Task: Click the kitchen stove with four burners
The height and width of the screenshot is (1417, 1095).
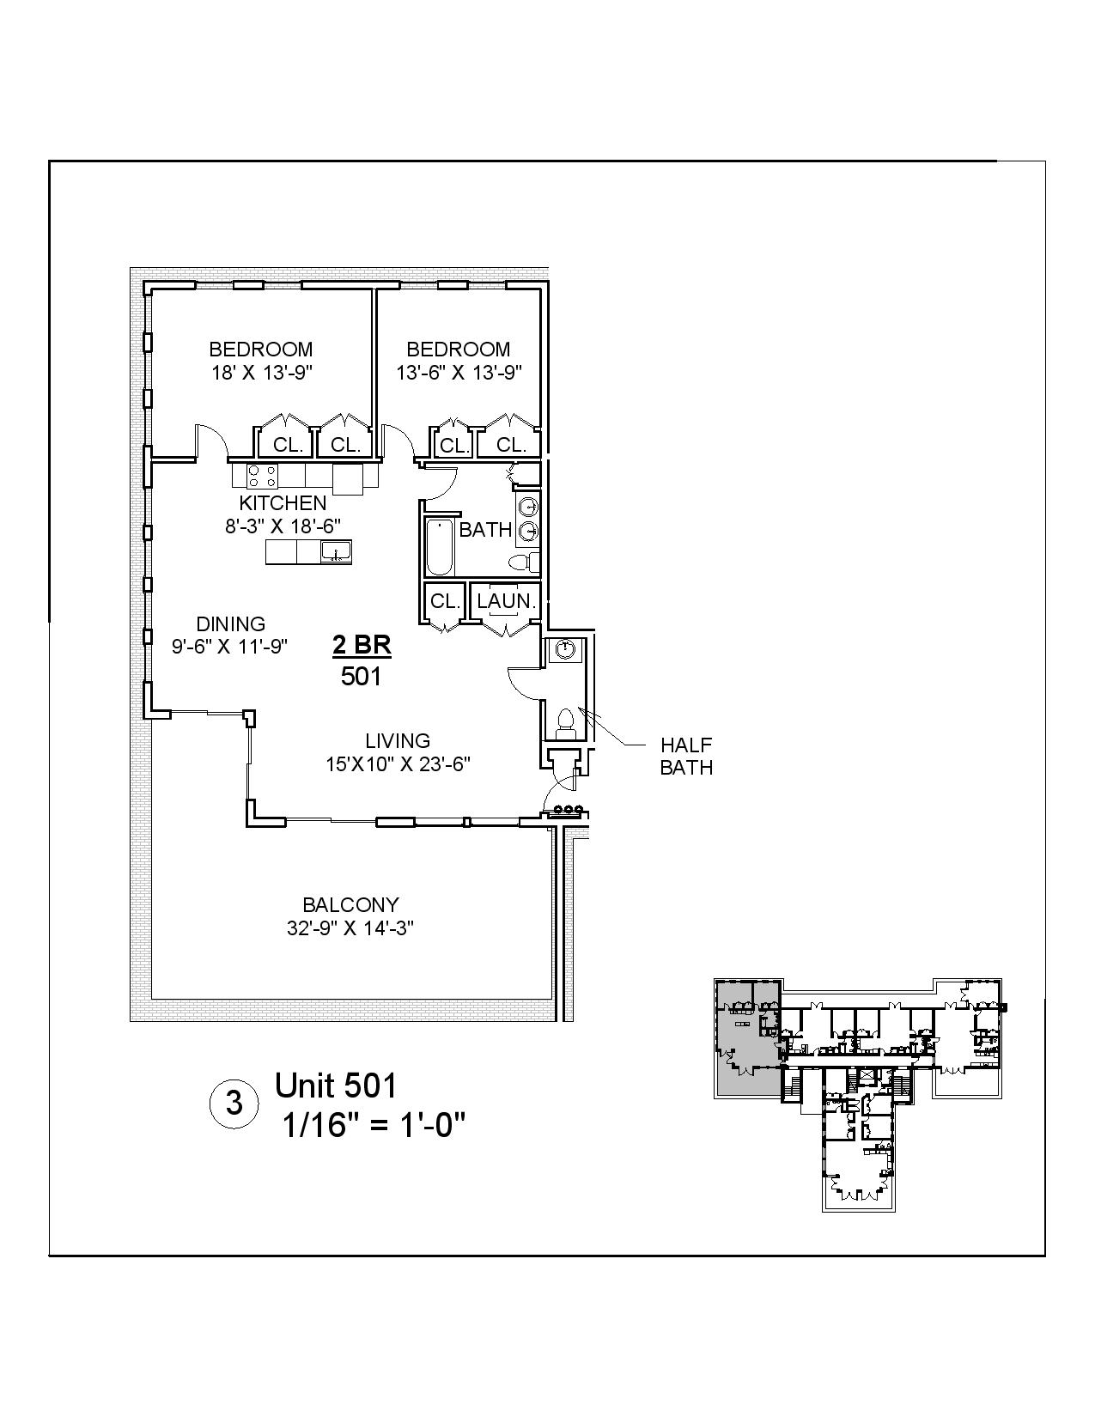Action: point(263,475)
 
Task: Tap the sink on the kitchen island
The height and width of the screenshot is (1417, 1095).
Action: point(334,550)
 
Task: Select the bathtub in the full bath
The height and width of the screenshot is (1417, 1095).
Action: point(439,547)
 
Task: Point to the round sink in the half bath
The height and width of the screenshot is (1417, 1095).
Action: point(565,649)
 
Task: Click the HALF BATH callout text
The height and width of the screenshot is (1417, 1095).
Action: point(686,756)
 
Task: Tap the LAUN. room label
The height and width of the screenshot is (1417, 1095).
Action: point(507,601)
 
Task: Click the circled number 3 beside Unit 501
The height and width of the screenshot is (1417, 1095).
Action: point(234,1103)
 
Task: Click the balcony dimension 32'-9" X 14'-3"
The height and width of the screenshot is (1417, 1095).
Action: point(350,928)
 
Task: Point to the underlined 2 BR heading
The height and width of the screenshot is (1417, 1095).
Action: point(362,646)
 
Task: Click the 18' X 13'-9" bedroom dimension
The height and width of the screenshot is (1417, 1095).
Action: point(261,373)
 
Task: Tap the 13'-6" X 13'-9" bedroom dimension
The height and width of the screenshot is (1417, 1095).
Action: point(459,373)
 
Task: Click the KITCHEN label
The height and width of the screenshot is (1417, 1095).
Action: point(283,503)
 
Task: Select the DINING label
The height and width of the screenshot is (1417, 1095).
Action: point(230,624)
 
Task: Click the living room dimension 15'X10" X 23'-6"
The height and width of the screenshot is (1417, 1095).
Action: point(398,764)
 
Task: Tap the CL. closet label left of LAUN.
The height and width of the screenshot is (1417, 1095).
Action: point(445,601)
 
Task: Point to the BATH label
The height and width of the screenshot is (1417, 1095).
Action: point(485,530)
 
